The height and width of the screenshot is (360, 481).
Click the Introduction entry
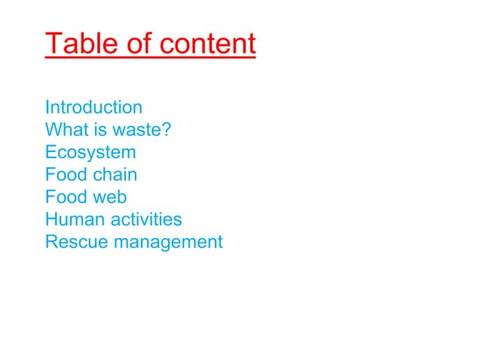[x=93, y=107]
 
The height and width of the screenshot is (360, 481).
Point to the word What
[x=63, y=130]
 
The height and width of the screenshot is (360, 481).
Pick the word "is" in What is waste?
[x=93, y=130]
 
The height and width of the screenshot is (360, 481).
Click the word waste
[x=133, y=130]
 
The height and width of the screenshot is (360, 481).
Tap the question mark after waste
[x=166, y=130]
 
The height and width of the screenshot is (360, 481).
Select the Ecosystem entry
[x=90, y=152]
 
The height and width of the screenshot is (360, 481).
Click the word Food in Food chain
[x=65, y=175]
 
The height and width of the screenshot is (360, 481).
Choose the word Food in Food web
[x=65, y=197]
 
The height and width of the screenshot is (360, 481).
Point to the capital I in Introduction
[x=47, y=107]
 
